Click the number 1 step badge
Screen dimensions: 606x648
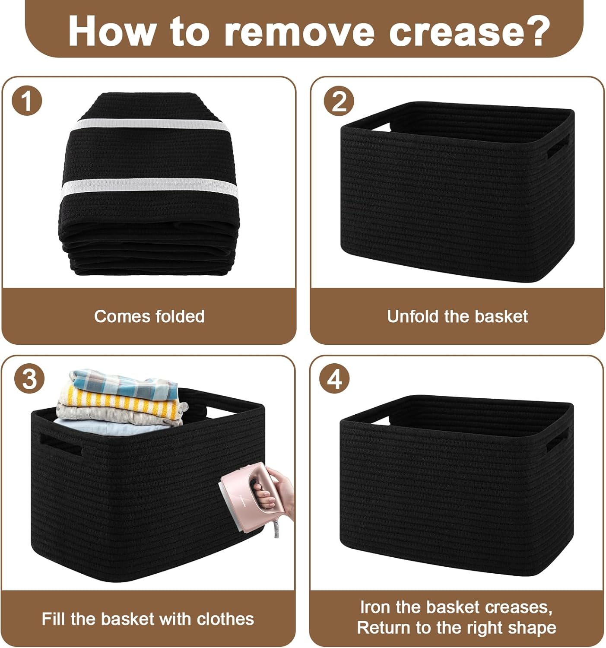tap(27, 101)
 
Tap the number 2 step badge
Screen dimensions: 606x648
tap(339, 101)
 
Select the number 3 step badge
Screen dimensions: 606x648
tap(29, 379)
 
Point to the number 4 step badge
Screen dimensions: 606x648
tap(334, 379)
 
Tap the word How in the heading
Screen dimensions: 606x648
tap(111, 32)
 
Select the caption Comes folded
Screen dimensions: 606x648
tap(149, 316)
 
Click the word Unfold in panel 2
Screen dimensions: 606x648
tap(410, 316)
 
